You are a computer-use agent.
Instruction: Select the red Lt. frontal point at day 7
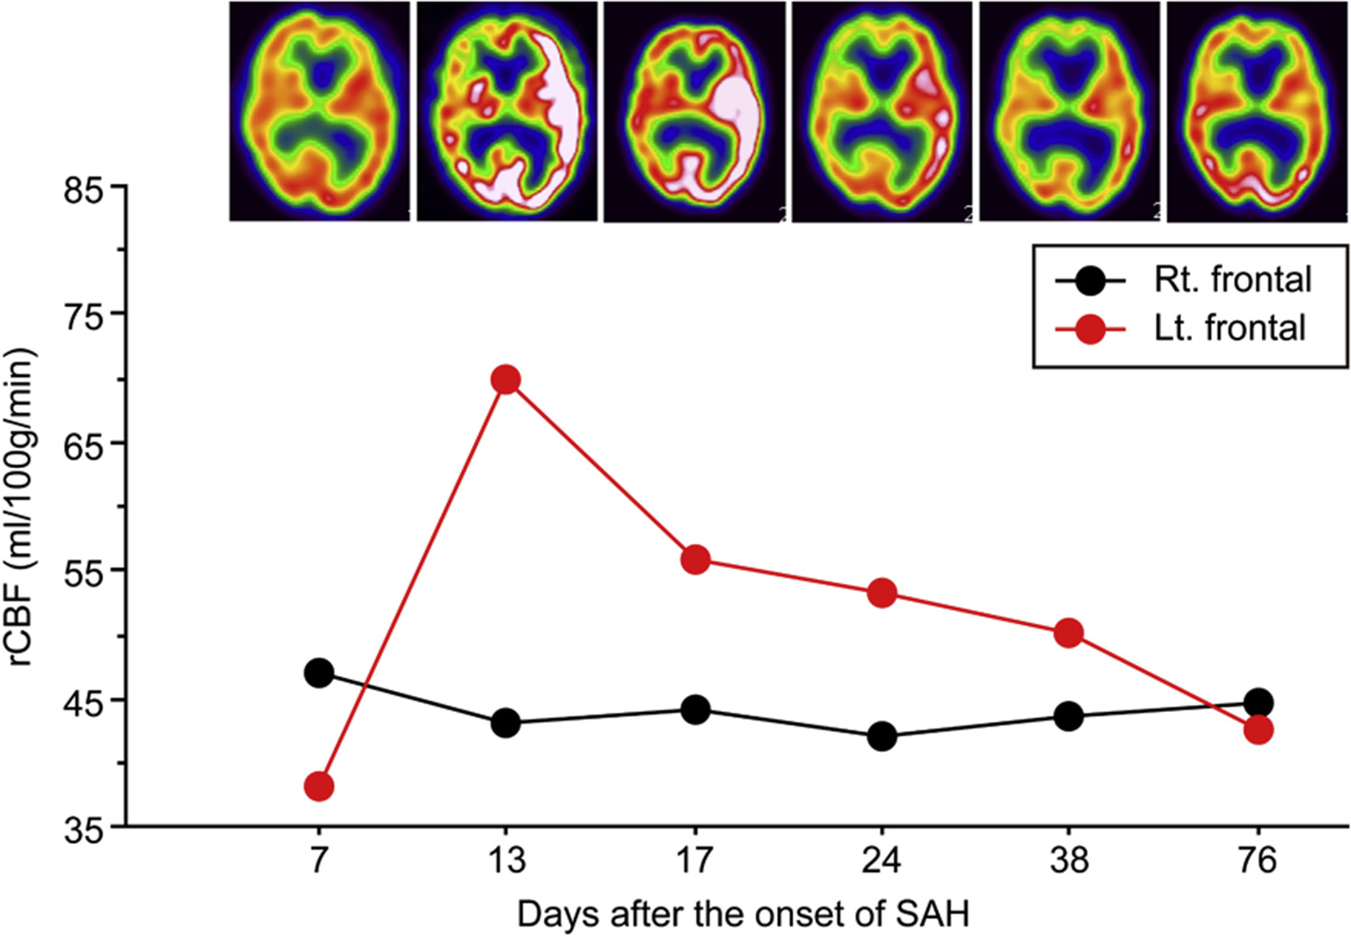pyautogui.click(x=319, y=786)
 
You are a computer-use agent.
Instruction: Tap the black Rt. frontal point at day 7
pyautogui.click(x=319, y=673)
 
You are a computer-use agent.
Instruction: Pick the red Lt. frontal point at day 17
pyautogui.click(x=695, y=559)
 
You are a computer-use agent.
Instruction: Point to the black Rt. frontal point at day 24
pyautogui.click(x=882, y=736)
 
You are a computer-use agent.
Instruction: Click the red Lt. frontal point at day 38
pyautogui.click(x=1068, y=632)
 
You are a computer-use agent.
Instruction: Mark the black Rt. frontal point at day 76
pyautogui.click(x=1258, y=702)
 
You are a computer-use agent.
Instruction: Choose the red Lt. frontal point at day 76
pyautogui.click(x=1258, y=730)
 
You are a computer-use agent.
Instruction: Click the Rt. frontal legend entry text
pyautogui.click(x=1233, y=280)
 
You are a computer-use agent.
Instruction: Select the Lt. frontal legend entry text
pyautogui.click(x=1230, y=328)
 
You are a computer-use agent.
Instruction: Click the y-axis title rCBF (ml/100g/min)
pyautogui.click(x=23, y=506)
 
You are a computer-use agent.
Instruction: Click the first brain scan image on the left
pyautogui.click(x=319, y=111)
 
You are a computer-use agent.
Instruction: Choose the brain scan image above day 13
pyautogui.click(x=506, y=111)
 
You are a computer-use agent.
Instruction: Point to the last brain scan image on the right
pyautogui.click(x=1257, y=111)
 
